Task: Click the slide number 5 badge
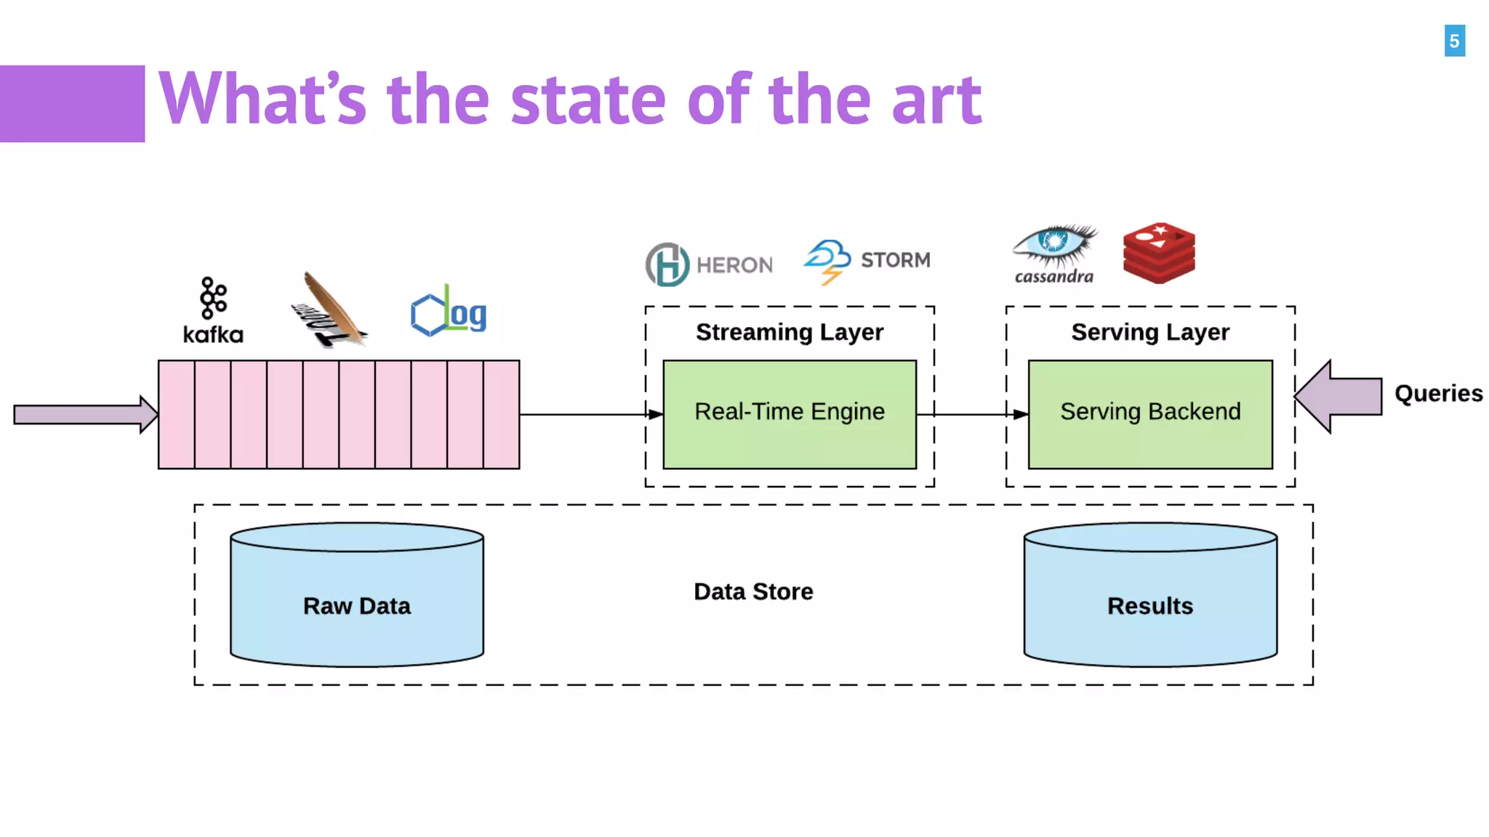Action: tap(1454, 41)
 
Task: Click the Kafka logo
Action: tap(213, 310)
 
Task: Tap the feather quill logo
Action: tap(331, 311)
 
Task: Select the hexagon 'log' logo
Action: tap(449, 312)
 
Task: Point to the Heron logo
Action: tap(709, 264)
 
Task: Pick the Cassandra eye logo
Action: tap(1055, 254)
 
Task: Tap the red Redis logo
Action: tap(1159, 253)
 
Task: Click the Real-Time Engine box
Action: tap(790, 414)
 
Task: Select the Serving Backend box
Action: tap(1150, 414)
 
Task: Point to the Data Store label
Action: tap(753, 591)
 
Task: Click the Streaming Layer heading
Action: tap(790, 332)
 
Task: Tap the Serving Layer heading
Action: tap(1150, 332)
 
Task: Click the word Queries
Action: tap(1438, 393)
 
